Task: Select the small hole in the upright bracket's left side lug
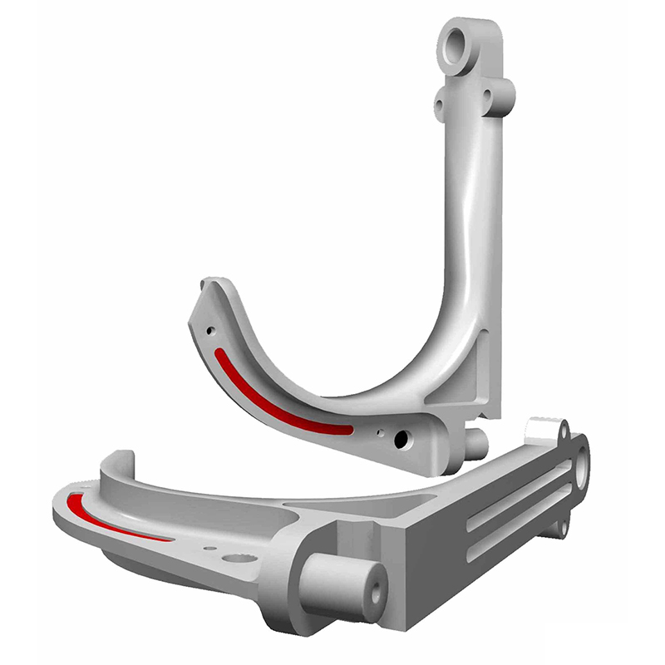point(439,105)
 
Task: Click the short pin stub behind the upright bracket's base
point(475,442)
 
